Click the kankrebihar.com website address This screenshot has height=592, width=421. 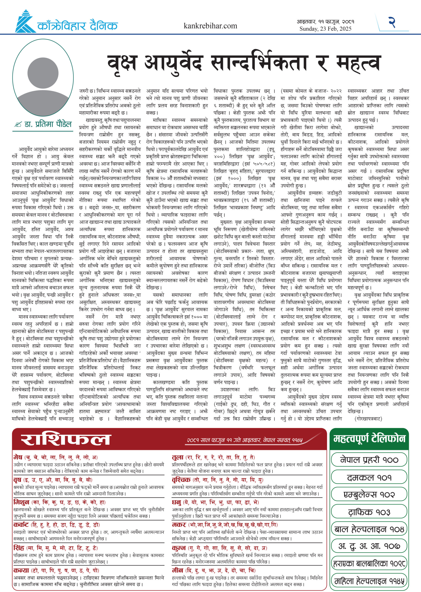[x=210, y=26]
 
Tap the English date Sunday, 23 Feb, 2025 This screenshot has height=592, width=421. [x=325, y=29]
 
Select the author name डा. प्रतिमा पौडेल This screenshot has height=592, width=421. [x=48, y=124]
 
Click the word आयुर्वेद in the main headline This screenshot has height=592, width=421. [x=173, y=64]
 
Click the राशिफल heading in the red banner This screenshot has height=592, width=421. [x=66, y=440]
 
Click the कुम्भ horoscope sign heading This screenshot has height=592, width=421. [x=179, y=548]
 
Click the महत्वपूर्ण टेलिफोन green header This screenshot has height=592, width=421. [x=369, y=438]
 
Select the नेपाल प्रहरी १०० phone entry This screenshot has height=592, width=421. [x=369, y=460]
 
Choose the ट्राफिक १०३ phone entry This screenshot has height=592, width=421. [x=369, y=512]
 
